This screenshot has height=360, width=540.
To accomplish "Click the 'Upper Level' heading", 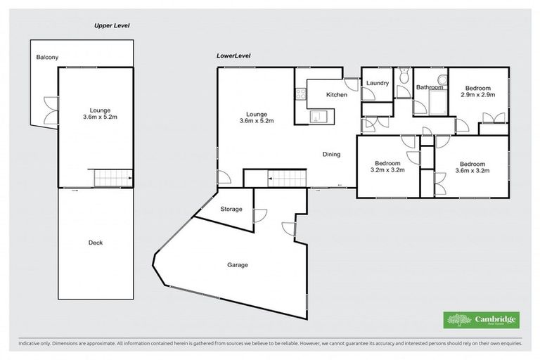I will point(112,26).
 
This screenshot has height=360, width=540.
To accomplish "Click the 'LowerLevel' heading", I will point(233,56).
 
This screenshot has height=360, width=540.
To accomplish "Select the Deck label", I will point(96,243).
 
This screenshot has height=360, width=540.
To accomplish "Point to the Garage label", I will point(237,265).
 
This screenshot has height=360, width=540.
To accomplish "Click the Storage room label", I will point(231,210).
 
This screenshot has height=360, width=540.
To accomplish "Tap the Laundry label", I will point(378,84).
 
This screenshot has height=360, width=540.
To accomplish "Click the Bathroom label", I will point(430,88).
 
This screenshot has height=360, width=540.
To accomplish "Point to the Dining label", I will point(332,155).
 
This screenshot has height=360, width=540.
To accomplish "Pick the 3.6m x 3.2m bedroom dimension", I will point(472,169).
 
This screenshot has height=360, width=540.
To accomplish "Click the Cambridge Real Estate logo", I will point(482,320).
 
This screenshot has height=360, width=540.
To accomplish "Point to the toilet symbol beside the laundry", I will point(404,75).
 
